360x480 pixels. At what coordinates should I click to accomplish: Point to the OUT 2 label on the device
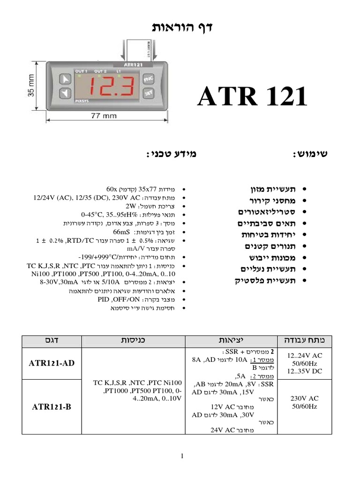(x=101, y=71)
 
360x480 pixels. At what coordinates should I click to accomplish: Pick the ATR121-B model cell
(x=52, y=406)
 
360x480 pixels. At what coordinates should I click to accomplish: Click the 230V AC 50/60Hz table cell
(x=305, y=402)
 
